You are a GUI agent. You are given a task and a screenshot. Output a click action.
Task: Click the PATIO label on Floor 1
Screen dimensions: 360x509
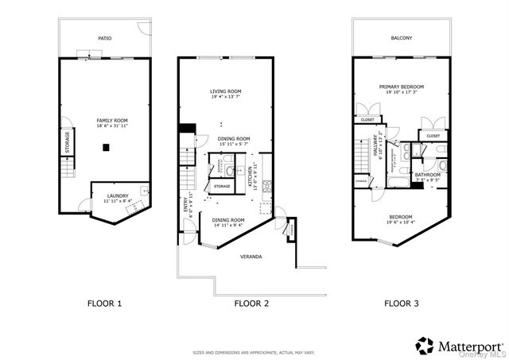tap(104, 37)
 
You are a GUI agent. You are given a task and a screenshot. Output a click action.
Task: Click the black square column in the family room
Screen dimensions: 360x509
tap(106, 147)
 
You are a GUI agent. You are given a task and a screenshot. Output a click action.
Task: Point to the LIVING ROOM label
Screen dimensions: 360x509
tap(225, 91)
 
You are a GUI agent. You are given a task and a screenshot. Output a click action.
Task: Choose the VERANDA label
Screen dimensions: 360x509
tap(251, 257)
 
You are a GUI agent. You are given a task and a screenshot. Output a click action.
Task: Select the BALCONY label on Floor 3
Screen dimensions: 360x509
tap(402, 37)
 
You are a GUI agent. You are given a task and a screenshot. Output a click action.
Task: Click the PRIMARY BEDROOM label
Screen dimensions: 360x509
tap(402, 87)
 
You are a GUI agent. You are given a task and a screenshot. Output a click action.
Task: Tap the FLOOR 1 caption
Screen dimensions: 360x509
tap(104, 303)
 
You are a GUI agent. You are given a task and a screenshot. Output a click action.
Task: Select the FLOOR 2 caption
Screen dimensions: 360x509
tap(252, 303)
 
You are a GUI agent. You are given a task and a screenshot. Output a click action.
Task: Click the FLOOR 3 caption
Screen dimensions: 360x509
tap(402, 303)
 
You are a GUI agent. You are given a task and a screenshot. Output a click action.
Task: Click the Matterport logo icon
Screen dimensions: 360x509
tap(425, 346)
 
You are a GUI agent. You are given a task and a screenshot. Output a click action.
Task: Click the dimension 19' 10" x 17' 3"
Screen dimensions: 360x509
tap(402, 93)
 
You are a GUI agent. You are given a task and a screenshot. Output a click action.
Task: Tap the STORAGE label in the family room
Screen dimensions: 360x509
tap(68, 143)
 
